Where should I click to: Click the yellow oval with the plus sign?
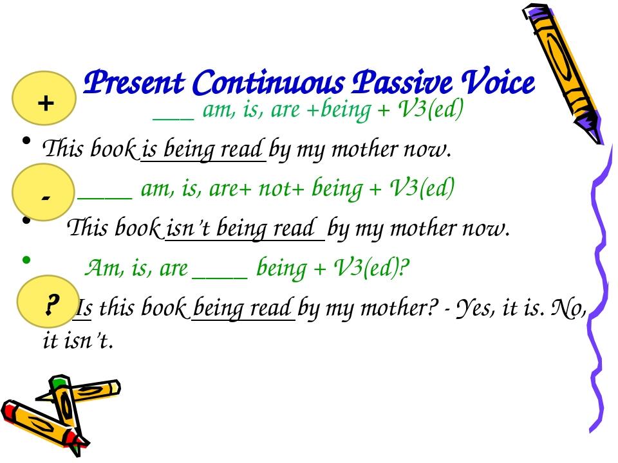(45, 102)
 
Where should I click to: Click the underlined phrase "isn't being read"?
(244, 228)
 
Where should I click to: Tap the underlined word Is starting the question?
(82, 309)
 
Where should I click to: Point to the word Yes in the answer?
(473, 309)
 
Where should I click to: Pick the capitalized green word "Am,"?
(101, 268)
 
